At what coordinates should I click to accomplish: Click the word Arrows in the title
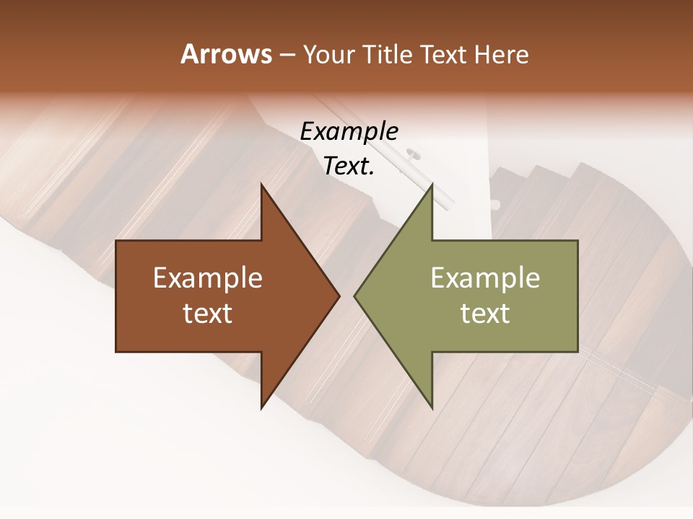click(x=227, y=54)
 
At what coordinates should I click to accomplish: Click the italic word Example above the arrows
click(x=349, y=132)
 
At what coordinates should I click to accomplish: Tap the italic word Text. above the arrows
click(x=349, y=167)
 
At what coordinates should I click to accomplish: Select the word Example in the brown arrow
click(x=208, y=278)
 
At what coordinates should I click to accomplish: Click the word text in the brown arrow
click(x=208, y=314)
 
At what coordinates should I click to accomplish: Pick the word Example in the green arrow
click(x=485, y=278)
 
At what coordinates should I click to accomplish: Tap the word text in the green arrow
click(x=485, y=314)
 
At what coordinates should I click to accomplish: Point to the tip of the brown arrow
click(x=339, y=296)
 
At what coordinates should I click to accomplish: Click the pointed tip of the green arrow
click(x=354, y=296)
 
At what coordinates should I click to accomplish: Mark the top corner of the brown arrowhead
click(x=261, y=185)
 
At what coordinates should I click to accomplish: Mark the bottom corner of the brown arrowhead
click(x=261, y=408)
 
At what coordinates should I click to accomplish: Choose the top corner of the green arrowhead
click(x=432, y=185)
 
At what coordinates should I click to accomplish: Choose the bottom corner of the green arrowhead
click(x=432, y=408)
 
